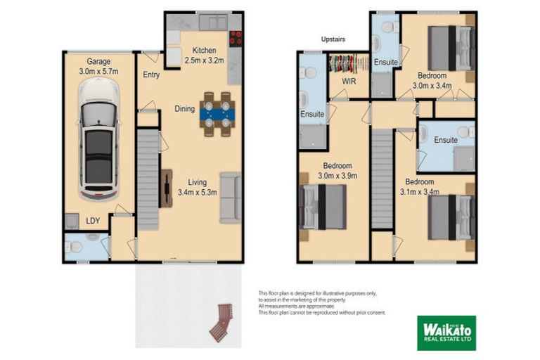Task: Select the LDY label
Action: coord(93,221)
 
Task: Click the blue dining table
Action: coord(216,113)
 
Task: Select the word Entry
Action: coord(150,75)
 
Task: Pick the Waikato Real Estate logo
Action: coord(446,333)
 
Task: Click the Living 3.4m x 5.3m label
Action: coord(197,186)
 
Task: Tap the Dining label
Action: coord(185,108)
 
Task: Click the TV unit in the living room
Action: coord(167,188)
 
